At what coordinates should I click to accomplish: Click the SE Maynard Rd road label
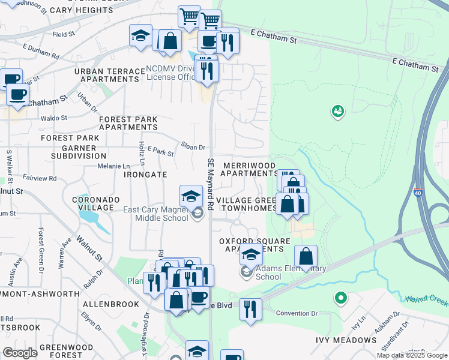(211, 184)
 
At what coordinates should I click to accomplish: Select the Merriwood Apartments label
(249, 169)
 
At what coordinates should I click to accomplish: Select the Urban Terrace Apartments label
(110, 75)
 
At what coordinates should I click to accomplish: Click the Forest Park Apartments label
(128, 123)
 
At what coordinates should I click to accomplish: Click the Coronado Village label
(92, 203)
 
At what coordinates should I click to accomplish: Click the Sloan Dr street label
(194, 146)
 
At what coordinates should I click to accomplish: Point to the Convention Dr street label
(297, 313)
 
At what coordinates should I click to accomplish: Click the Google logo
(20, 352)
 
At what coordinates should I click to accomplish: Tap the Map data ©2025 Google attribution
(411, 355)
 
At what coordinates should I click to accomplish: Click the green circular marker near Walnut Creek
(341, 298)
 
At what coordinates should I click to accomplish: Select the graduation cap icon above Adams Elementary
(251, 255)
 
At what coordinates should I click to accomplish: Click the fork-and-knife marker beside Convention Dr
(250, 309)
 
